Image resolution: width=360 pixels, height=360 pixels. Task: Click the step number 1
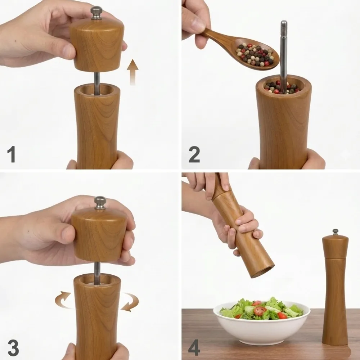[x=11, y=154]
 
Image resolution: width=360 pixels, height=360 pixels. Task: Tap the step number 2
[x=194, y=154]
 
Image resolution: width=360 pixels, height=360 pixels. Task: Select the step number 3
[x=13, y=348]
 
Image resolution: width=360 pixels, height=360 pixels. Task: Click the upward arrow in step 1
[x=133, y=72]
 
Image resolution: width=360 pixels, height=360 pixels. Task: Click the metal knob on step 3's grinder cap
[x=100, y=203]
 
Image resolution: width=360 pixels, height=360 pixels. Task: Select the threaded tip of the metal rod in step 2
[x=284, y=26]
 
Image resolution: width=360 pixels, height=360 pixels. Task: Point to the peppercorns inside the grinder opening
[x=281, y=88]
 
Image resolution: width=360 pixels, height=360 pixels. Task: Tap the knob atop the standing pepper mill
[x=336, y=232]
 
